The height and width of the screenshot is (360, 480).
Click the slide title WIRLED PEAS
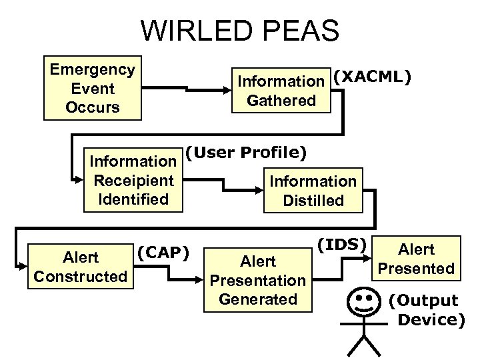(x=240, y=31)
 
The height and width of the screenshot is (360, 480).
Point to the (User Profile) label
(x=245, y=153)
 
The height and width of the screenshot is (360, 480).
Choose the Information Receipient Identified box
(x=133, y=181)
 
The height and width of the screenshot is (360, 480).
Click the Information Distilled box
(x=313, y=190)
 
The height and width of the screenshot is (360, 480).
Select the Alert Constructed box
(x=80, y=267)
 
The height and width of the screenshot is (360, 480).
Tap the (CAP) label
(x=163, y=253)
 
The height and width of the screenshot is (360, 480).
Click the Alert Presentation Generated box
(x=257, y=279)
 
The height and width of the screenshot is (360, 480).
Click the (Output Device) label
(x=427, y=310)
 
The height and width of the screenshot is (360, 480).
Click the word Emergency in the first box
(x=93, y=69)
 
